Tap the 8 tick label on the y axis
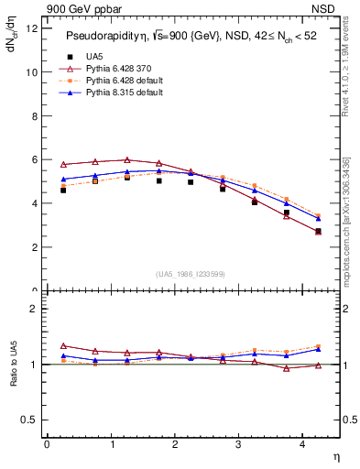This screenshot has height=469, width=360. point(34,115)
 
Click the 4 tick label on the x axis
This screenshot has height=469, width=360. point(303,444)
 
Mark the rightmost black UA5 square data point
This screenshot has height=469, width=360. point(318,232)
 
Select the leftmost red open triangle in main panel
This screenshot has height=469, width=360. point(63,165)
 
